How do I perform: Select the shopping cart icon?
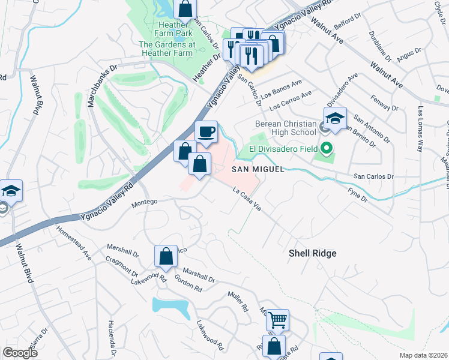[277, 320]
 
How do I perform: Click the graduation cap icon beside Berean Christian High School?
[336, 118]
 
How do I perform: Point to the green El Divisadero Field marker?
[327, 148]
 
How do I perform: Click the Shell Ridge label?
[313, 254]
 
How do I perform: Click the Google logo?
[20, 352]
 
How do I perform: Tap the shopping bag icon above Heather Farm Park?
[185, 10]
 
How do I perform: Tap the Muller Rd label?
[238, 300]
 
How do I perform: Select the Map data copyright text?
[424, 355]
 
